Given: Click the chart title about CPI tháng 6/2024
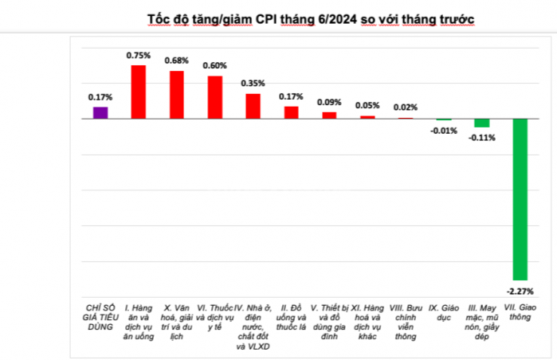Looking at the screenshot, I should coord(310,18).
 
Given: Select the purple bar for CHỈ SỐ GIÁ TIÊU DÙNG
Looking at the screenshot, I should coord(100,112).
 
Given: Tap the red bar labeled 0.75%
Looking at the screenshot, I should coord(139,92).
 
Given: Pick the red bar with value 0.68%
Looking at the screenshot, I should coord(177,94).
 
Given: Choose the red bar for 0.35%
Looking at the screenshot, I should coord(253,106).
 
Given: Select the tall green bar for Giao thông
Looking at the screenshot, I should coord(520,198).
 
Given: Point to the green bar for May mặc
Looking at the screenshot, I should coord(482,123).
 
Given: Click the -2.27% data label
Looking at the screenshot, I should coord(520,290).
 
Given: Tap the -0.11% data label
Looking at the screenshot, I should coord(482,138).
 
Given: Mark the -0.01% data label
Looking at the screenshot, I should coord(444,131).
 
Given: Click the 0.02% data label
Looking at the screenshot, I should coord(406,107).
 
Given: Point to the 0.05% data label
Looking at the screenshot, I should coord(367,104).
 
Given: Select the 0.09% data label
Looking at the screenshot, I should coord(329,101).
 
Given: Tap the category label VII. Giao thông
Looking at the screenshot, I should coord(520,311).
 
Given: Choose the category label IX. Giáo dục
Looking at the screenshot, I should coord(444,311).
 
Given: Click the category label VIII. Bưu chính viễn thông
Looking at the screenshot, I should coord(406,319).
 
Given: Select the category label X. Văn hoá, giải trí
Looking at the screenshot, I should coord(177,319).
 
